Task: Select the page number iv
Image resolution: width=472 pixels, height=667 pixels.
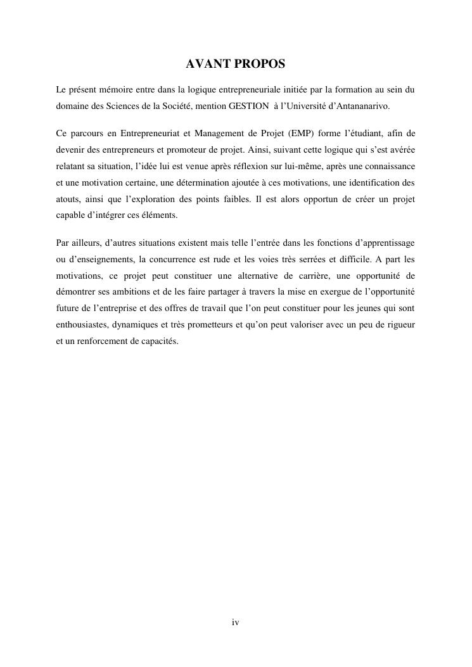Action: pos(235,623)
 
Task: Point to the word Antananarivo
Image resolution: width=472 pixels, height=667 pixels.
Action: pos(367,105)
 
